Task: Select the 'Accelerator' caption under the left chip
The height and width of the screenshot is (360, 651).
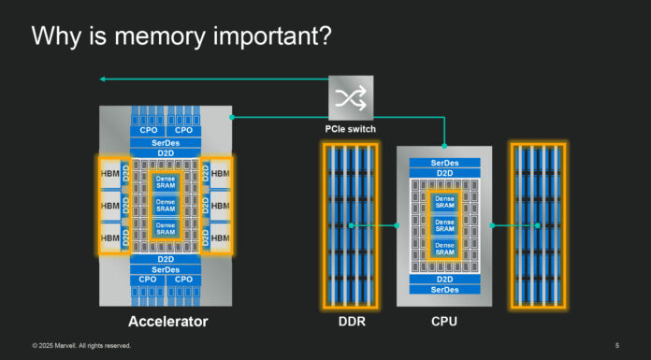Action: click(x=167, y=323)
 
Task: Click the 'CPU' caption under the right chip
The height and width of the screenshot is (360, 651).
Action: click(x=444, y=323)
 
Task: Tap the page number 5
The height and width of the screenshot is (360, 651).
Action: click(x=617, y=346)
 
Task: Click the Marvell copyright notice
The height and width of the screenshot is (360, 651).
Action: click(x=81, y=346)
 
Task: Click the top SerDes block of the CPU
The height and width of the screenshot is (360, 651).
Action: click(x=444, y=163)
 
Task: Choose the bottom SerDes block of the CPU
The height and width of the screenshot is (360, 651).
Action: click(x=444, y=290)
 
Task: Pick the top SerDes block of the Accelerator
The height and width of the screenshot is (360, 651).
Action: click(x=165, y=140)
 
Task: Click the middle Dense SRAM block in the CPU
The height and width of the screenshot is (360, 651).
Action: click(x=444, y=225)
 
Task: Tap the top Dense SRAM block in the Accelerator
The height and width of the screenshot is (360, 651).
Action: click(x=165, y=183)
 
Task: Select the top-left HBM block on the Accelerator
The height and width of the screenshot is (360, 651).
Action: click(x=108, y=174)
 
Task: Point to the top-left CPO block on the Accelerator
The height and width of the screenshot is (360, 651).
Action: click(x=148, y=130)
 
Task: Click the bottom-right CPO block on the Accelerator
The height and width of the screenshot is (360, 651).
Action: click(x=183, y=280)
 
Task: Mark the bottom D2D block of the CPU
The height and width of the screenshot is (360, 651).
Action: click(x=444, y=280)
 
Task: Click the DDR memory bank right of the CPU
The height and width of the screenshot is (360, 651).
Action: click(x=538, y=225)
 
